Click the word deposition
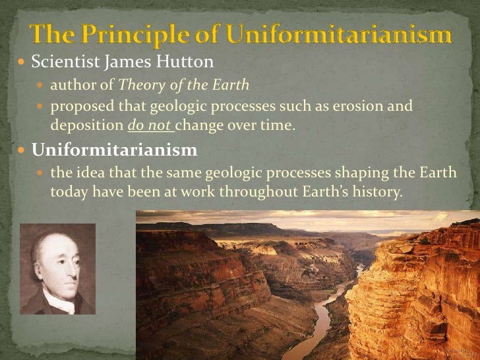(82, 123)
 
